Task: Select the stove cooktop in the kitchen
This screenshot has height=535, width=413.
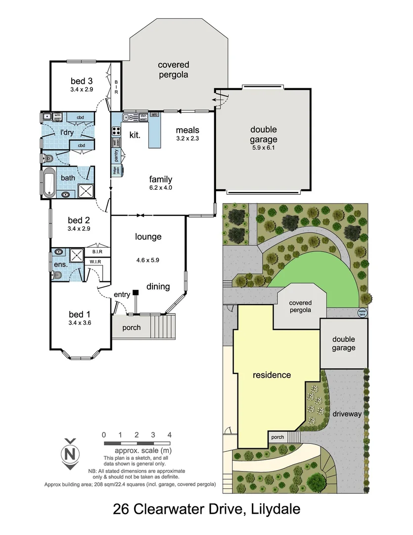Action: pyautogui.click(x=117, y=131)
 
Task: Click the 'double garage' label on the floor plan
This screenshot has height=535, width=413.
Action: pyautogui.click(x=263, y=134)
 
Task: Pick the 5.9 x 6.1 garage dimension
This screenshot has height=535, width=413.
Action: pyautogui.click(x=263, y=147)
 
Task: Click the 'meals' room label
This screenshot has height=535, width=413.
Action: pyautogui.click(x=187, y=130)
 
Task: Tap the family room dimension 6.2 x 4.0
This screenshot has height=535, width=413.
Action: pyautogui.click(x=161, y=187)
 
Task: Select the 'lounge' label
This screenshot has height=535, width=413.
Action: pyautogui.click(x=148, y=237)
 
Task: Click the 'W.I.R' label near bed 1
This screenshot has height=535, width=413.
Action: pyautogui.click(x=95, y=262)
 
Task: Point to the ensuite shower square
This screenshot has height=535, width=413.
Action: pyautogui.click(x=77, y=255)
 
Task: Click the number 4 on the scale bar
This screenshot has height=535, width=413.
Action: pyautogui.click(x=170, y=434)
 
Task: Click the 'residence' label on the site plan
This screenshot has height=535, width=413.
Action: pyautogui.click(x=272, y=374)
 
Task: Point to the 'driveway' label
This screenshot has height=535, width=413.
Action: pyautogui.click(x=347, y=414)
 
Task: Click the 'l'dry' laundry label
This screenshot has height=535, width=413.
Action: pyautogui.click(x=67, y=133)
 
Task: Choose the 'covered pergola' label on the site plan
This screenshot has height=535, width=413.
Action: pyautogui.click(x=300, y=306)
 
